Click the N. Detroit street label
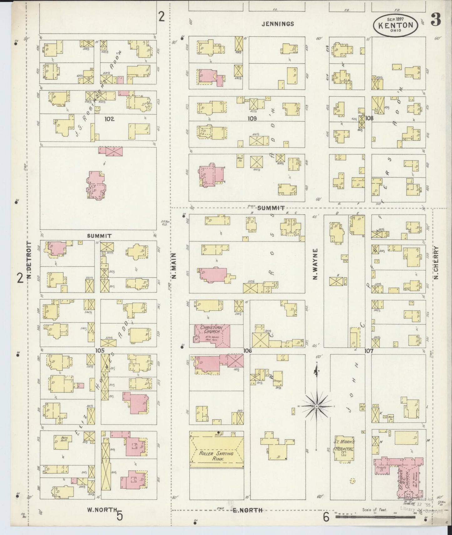point(29,260)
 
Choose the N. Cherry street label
point(436,263)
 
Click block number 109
point(252,119)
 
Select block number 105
point(100,351)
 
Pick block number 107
point(369,351)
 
